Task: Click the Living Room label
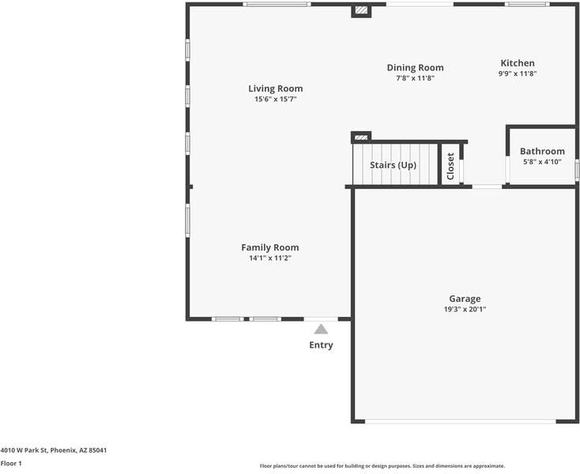point(275,88)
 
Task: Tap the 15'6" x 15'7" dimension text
point(275,100)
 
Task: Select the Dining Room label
point(415,68)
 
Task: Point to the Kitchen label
point(518,63)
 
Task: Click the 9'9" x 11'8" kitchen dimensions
point(518,73)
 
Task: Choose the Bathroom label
point(542,152)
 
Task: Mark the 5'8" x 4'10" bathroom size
point(542,162)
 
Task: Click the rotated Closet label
point(450,166)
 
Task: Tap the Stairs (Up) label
point(393,165)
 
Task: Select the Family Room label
point(269,247)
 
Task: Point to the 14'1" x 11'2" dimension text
point(269,258)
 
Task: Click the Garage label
point(465,299)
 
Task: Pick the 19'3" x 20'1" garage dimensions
point(465,310)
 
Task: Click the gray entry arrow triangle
point(321,329)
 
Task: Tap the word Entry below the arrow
point(321,345)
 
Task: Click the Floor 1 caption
point(11,464)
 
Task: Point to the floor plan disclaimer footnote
point(382,466)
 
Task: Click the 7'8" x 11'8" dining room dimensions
point(415,78)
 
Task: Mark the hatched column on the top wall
point(361,11)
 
